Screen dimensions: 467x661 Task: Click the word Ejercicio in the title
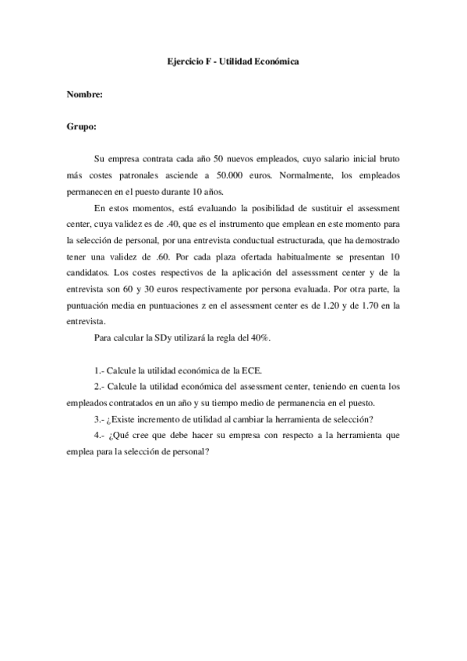pos(186,60)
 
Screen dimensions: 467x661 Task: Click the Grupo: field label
pos(82,125)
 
